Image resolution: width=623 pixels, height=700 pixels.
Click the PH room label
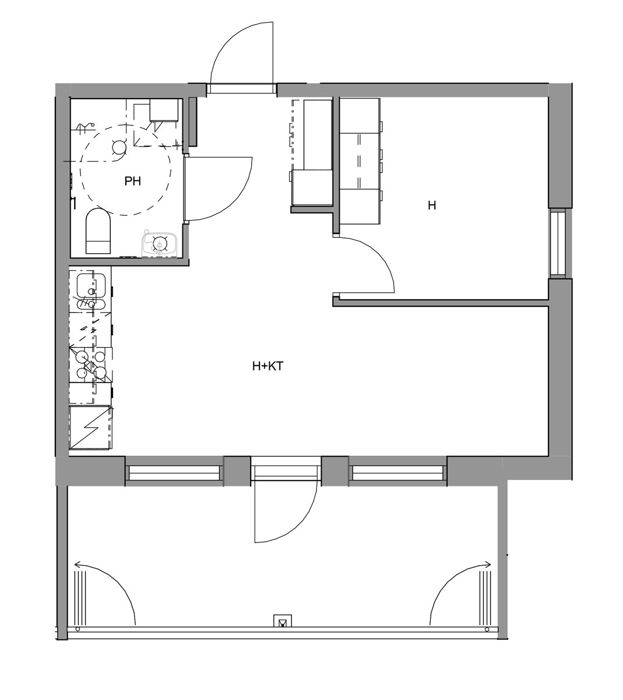(x=132, y=181)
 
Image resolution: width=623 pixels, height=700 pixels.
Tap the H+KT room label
(x=267, y=366)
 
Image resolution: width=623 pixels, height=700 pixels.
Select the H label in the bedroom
(x=432, y=205)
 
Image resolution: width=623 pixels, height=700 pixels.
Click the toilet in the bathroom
(x=98, y=231)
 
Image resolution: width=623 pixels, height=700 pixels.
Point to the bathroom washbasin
(x=160, y=244)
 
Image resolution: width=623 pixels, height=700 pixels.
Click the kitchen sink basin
(x=90, y=285)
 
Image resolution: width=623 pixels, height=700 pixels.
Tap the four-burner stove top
(x=90, y=365)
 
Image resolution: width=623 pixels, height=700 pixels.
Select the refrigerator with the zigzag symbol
(x=90, y=428)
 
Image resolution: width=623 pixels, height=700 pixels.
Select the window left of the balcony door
(x=174, y=473)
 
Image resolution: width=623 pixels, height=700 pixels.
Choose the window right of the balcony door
(x=397, y=473)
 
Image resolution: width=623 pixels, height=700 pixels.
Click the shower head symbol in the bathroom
(x=86, y=128)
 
